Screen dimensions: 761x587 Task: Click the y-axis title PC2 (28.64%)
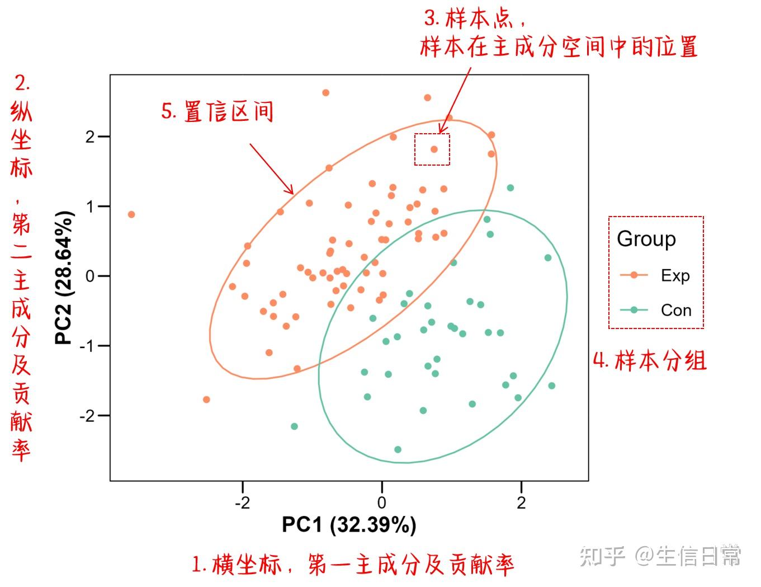(x=64, y=278)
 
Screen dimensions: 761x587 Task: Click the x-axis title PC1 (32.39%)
(x=349, y=525)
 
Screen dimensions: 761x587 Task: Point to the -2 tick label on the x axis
(x=242, y=503)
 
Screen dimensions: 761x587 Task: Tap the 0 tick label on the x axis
(x=382, y=503)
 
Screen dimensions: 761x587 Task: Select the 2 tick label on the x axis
(x=521, y=503)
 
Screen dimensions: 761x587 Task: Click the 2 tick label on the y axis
(x=90, y=137)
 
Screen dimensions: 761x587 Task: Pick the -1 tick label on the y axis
(x=88, y=346)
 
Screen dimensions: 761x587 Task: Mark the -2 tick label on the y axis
(x=88, y=416)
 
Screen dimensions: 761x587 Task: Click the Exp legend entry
(x=655, y=275)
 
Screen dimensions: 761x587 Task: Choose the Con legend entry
(x=655, y=310)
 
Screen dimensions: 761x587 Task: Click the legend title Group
(x=646, y=240)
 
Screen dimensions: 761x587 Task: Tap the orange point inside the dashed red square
(x=434, y=149)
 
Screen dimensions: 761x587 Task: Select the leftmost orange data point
(x=131, y=214)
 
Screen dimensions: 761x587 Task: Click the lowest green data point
(x=398, y=449)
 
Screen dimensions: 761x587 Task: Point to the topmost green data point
(x=511, y=188)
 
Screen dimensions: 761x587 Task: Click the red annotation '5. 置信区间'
(x=217, y=112)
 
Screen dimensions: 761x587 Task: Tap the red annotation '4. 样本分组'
(x=649, y=360)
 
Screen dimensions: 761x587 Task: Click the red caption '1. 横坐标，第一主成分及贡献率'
(x=353, y=565)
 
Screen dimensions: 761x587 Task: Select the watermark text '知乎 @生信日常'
(x=659, y=556)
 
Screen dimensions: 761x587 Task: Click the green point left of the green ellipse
(x=294, y=426)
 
